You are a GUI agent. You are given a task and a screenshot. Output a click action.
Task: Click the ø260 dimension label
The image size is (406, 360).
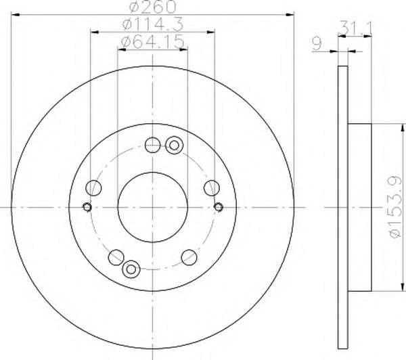153,7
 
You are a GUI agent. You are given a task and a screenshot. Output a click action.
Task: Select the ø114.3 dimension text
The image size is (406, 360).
153,24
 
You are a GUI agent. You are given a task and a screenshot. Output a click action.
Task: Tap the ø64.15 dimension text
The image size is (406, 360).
153,41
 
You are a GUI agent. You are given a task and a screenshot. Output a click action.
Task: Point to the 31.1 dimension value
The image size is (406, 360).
356,28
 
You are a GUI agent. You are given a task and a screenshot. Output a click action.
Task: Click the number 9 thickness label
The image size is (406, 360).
317,44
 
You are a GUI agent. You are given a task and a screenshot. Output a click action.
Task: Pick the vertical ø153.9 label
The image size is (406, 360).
396,207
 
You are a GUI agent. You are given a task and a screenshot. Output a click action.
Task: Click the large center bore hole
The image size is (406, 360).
152,207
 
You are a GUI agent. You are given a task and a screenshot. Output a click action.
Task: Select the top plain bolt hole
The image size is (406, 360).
152,145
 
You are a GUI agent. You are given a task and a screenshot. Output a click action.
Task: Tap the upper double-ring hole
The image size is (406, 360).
175,145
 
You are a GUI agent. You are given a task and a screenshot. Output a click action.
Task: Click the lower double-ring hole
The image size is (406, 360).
131,269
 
